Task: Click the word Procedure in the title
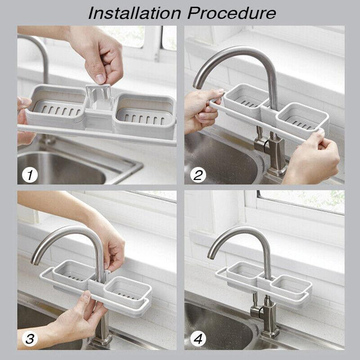[x=232, y=13]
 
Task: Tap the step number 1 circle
[x=30, y=175]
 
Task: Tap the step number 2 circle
[x=198, y=175]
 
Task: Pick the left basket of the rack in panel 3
[x=74, y=272]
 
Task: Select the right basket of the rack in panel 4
[x=291, y=285]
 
